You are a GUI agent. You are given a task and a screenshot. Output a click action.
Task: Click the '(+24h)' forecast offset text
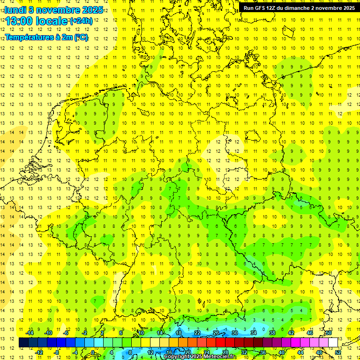[81, 21]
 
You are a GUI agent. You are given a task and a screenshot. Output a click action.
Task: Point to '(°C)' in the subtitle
[81, 37]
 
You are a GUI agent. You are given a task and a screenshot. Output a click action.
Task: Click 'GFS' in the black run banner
[260, 8]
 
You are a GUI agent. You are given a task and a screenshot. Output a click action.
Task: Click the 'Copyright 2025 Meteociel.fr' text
[200, 357]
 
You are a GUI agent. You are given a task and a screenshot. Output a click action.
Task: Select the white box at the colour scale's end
[333, 342]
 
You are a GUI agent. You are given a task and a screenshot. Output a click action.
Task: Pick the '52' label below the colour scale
[338, 352]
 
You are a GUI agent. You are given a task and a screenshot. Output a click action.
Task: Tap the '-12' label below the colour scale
[39, 352]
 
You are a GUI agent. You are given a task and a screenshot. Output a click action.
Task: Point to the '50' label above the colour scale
[328, 332]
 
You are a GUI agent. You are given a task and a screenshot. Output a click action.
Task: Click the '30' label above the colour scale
[235, 332]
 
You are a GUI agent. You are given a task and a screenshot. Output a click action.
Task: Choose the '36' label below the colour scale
[263, 352]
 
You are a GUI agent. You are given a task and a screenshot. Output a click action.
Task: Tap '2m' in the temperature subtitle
[63, 37]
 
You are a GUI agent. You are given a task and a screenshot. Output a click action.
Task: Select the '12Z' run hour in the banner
[272, 8]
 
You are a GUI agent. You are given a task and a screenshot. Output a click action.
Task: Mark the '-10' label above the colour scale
[48, 332]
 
